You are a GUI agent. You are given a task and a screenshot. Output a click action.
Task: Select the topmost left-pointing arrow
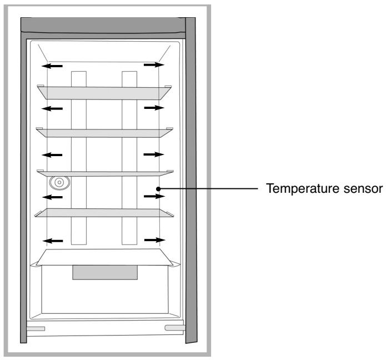(x=53, y=66)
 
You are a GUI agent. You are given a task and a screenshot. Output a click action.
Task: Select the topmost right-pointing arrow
(x=154, y=65)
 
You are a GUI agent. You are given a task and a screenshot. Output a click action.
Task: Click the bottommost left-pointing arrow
(x=53, y=241)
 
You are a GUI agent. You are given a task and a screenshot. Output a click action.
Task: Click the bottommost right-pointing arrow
(x=154, y=240)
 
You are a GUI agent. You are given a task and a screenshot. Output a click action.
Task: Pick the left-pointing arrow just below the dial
(x=53, y=197)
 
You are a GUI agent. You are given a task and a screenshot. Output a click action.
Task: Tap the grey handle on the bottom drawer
(x=105, y=272)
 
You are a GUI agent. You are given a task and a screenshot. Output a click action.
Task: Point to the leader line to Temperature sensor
(x=211, y=189)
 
